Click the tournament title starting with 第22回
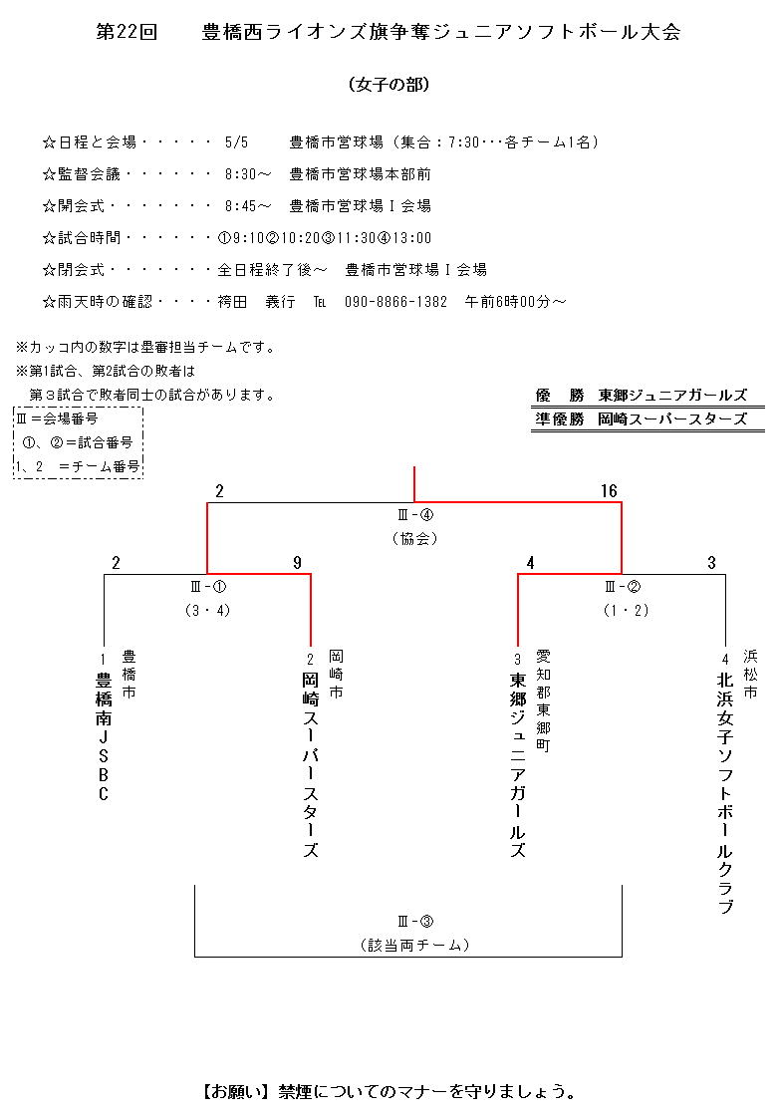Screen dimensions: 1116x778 point(389,32)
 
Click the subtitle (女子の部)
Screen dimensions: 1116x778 point(389,85)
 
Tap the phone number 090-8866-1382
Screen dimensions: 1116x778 point(395,302)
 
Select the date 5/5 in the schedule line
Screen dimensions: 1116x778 point(236,142)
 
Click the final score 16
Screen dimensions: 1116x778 point(609,491)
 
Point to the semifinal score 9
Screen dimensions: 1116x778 point(297,563)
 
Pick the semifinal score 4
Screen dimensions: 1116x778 point(530,563)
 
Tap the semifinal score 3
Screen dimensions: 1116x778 point(711,563)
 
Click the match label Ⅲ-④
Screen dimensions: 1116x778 point(413,515)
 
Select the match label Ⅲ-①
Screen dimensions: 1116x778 point(207,587)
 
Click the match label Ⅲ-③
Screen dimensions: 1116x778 point(413,922)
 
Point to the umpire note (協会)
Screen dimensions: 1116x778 point(413,539)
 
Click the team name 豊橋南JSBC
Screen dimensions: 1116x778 point(103,737)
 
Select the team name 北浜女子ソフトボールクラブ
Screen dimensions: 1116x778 point(725,792)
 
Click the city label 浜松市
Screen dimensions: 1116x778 point(750,672)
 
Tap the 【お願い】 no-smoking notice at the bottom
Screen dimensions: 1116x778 point(389,1091)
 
